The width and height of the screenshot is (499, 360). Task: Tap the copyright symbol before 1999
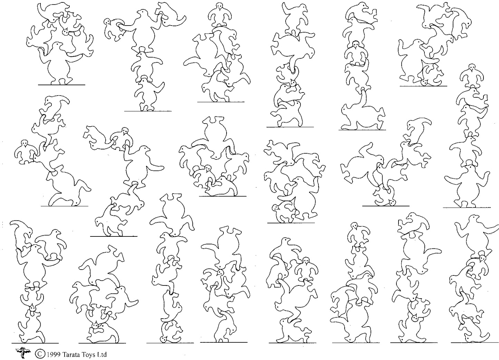40,354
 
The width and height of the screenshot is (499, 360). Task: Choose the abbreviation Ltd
102,354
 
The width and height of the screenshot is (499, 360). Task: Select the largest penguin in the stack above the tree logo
33,266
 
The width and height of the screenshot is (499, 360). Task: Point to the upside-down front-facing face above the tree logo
32,308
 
